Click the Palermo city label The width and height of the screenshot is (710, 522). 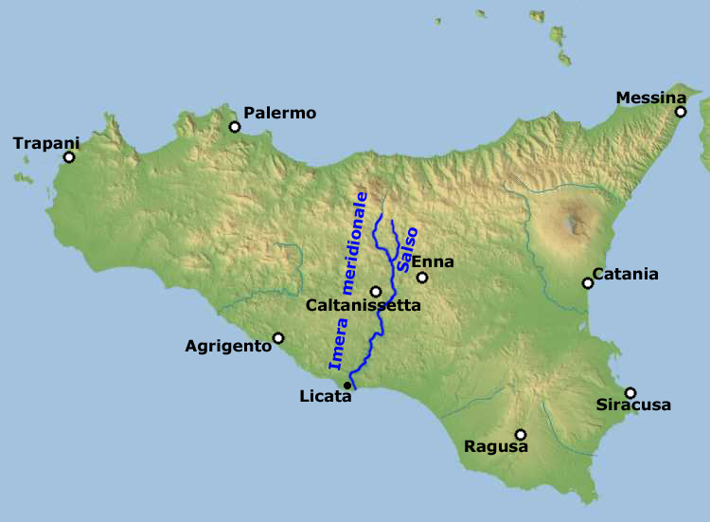click(279, 114)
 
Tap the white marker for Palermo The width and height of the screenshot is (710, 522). click(235, 126)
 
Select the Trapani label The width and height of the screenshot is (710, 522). click(45, 143)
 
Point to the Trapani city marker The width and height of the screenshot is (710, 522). click(68, 157)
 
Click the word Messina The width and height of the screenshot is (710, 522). click(650, 98)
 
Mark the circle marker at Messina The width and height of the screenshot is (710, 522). click(681, 112)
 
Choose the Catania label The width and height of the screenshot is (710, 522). click(625, 275)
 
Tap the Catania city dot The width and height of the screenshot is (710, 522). click(588, 283)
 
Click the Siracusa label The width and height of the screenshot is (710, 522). click(633, 405)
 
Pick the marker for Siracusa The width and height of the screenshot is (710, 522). click(630, 392)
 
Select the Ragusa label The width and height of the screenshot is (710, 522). click(496, 447)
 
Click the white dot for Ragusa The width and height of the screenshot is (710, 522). click(520, 435)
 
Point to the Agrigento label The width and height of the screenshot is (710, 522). click(228, 346)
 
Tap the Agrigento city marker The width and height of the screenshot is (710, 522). click(278, 337)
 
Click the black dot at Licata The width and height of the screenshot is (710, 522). click(348, 385)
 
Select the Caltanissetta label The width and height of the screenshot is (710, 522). click(363, 306)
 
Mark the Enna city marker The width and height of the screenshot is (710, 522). click(422, 278)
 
